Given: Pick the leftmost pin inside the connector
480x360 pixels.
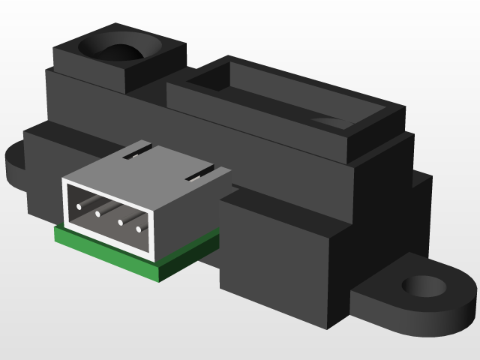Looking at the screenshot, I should tap(79, 205).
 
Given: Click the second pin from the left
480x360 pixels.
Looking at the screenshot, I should tap(98, 214).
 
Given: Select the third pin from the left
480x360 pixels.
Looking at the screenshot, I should tap(118, 221).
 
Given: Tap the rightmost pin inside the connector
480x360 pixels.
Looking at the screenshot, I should tap(139, 229).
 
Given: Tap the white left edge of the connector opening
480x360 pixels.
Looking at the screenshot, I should tap(66, 202).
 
